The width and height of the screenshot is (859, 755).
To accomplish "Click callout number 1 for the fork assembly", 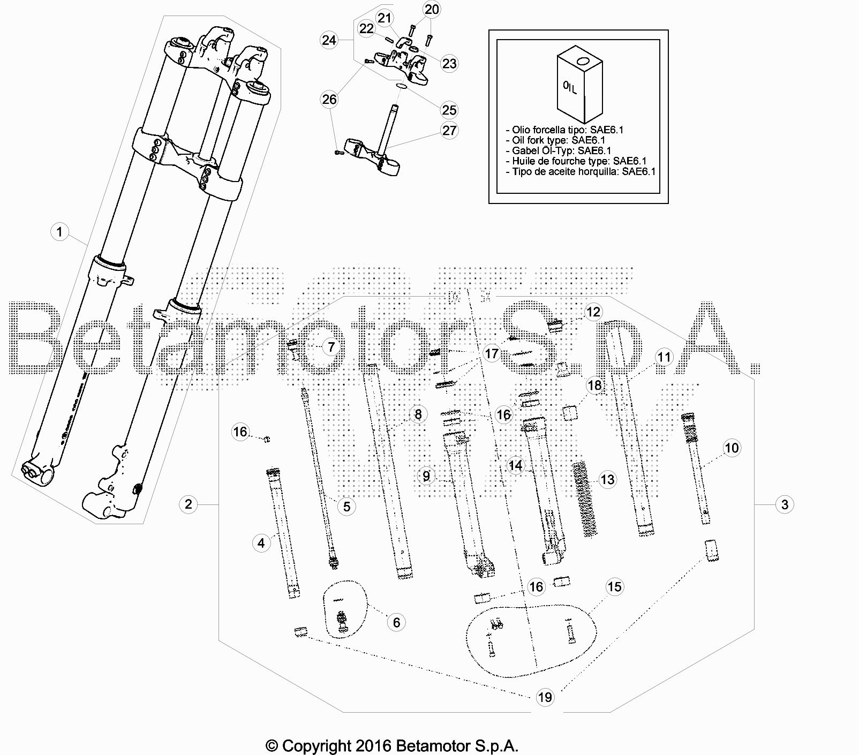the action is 59,232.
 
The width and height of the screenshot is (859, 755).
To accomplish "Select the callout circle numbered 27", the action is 449,130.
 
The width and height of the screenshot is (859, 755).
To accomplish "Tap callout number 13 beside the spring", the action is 607,479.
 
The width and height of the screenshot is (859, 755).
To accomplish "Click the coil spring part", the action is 585,499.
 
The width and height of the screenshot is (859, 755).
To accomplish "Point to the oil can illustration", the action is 579,85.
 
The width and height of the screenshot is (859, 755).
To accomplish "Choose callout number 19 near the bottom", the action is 545,697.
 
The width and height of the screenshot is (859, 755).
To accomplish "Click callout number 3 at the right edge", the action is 785,504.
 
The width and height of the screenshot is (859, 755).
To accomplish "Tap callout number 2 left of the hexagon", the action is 188,504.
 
